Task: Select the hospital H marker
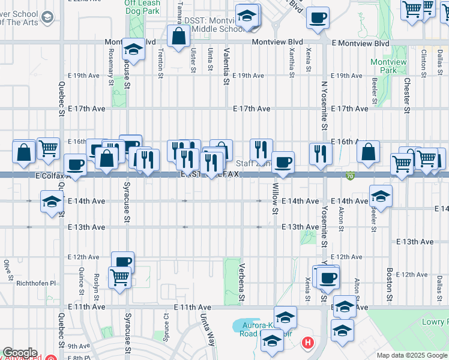coord(307,343)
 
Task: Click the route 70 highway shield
coord(350,176)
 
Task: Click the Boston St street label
coord(390,285)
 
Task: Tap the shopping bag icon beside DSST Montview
coord(178,37)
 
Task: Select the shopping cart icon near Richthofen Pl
coord(119,278)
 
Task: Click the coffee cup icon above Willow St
coord(283,162)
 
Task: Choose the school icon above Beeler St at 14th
coord(380,196)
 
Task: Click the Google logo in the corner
coord(20,353)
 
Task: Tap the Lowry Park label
coord(435,323)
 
